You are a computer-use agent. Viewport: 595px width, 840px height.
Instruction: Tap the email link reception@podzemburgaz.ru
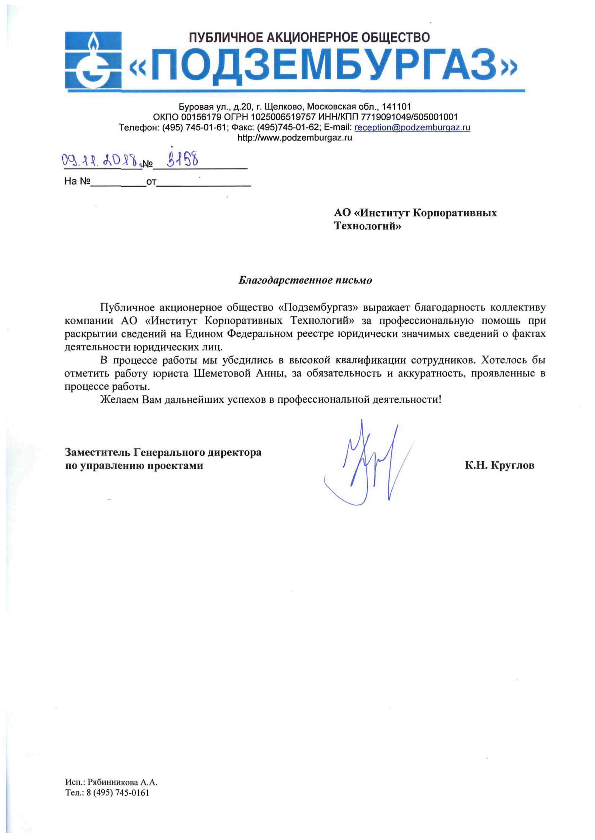coord(412,127)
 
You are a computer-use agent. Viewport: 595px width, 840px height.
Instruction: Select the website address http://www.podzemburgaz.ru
coord(294,138)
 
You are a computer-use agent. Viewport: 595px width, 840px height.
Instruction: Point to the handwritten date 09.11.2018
coord(101,160)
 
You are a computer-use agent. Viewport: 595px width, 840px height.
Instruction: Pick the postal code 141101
coord(396,107)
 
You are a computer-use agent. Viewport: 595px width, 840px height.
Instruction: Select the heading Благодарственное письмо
coord(305,280)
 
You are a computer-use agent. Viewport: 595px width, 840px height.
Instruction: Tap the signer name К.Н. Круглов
coord(499,466)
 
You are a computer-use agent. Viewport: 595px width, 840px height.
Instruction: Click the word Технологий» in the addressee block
coord(367,226)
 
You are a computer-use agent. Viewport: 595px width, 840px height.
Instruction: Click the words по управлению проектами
coord(134,466)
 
